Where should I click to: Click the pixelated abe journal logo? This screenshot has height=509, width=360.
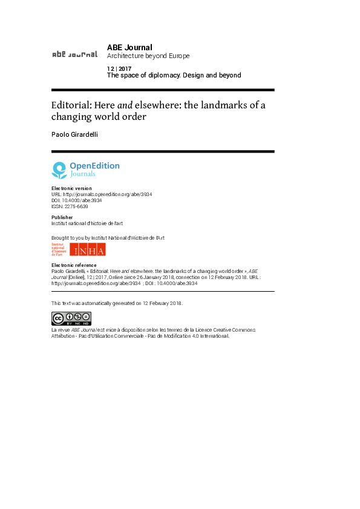coord(74,54)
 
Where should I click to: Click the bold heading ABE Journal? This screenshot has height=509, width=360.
coord(129,47)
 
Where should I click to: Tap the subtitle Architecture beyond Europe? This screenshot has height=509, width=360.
coord(148,56)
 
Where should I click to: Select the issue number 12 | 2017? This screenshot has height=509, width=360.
coord(119,69)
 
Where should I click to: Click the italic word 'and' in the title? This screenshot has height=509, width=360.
coord(125,105)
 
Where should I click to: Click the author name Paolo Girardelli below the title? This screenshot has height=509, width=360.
coord(74,134)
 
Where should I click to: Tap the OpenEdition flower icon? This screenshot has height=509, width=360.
coord(59,170)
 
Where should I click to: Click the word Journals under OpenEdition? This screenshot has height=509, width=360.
coord(83,174)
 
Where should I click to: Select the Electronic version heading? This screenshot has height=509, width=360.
coord(71,188)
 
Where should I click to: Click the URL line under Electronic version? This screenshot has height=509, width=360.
coord(102,194)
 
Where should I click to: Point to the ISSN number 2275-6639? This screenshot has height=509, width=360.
coord(76,206)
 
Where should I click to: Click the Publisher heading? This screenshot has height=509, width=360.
coord(62,217)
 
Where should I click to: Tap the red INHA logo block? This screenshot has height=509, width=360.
coord(88,249)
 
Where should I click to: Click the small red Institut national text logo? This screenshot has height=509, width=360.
coord(59,249)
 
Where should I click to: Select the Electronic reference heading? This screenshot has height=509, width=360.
coord(74,265)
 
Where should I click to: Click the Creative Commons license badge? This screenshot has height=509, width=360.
coord(71,318)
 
